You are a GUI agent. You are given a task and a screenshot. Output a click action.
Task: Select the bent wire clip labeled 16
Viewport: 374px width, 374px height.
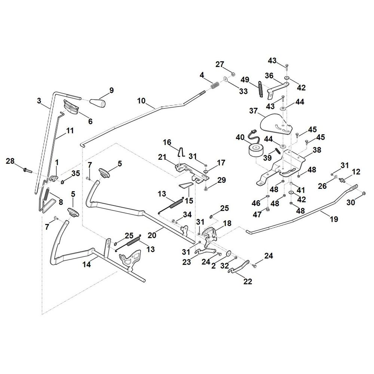(x=181, y=151)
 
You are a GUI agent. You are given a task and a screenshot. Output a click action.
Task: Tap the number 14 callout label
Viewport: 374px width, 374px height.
(x=87, y=264)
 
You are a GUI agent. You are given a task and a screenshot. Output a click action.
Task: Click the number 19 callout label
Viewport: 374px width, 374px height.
(x=334, y=219)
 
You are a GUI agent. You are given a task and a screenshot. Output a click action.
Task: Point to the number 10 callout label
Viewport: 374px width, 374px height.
(x=141, y=101)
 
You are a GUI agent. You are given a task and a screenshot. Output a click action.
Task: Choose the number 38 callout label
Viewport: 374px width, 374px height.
(x=317, y=150)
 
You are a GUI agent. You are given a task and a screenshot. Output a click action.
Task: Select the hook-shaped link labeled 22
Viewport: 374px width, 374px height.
(x=239, y=267)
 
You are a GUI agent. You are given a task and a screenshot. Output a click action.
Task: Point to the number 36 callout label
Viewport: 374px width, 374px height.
(x=269, y=76)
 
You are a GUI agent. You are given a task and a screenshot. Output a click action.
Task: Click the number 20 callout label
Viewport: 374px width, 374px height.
(x=152, y=235)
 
